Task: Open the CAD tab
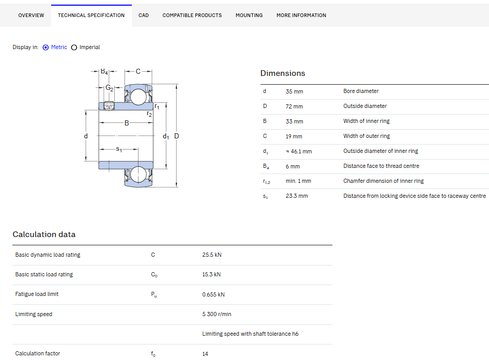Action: (x=144, y=15)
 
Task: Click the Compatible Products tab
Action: (x=192, y=15)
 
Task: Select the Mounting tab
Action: (x=249, y=15)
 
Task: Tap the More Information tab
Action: (x=301, y=15)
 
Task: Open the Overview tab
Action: (x=31, y=15)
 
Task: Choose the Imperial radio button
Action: (x=74, y=48)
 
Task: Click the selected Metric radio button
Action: (x=45, y=48)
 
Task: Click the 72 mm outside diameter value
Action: (x=294, y=106)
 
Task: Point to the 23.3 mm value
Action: (x=297, y=196)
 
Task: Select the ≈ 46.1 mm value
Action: (x=299, y=151)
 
